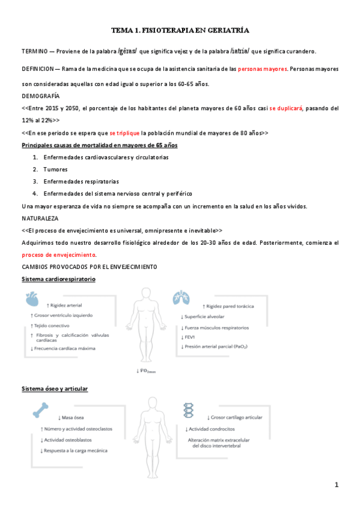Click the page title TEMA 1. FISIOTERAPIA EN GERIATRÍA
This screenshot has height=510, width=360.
(x=180, y=29)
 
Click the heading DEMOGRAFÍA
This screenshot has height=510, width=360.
(x=41, y=96)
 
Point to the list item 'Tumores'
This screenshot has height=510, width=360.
(x=55, y=169)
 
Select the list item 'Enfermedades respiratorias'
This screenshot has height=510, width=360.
(x=81, y=181)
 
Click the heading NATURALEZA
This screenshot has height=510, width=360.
(x=40, y=218)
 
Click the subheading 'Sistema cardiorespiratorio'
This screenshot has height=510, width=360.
(x=58, y=280)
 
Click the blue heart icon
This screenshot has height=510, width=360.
(x=33, y=298)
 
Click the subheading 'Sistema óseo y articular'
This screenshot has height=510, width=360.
(x=55, y=389)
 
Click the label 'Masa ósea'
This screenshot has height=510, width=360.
(x=75, y=417)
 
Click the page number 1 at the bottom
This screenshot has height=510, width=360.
(x=337, y=484)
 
